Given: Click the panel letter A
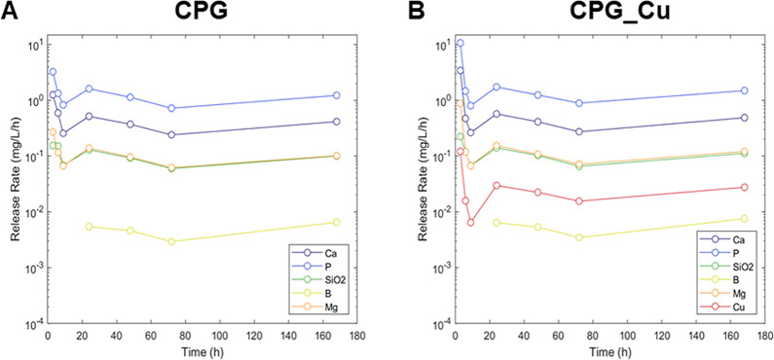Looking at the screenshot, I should click(x=9, y=11).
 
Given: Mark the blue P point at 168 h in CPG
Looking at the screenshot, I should click(x=337, y=95).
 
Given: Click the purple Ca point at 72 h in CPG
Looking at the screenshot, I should click(x=171, y=135).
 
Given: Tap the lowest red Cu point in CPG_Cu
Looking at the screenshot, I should click(x=470, y=223).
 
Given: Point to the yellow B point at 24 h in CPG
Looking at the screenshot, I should click(x=89, y=227).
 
